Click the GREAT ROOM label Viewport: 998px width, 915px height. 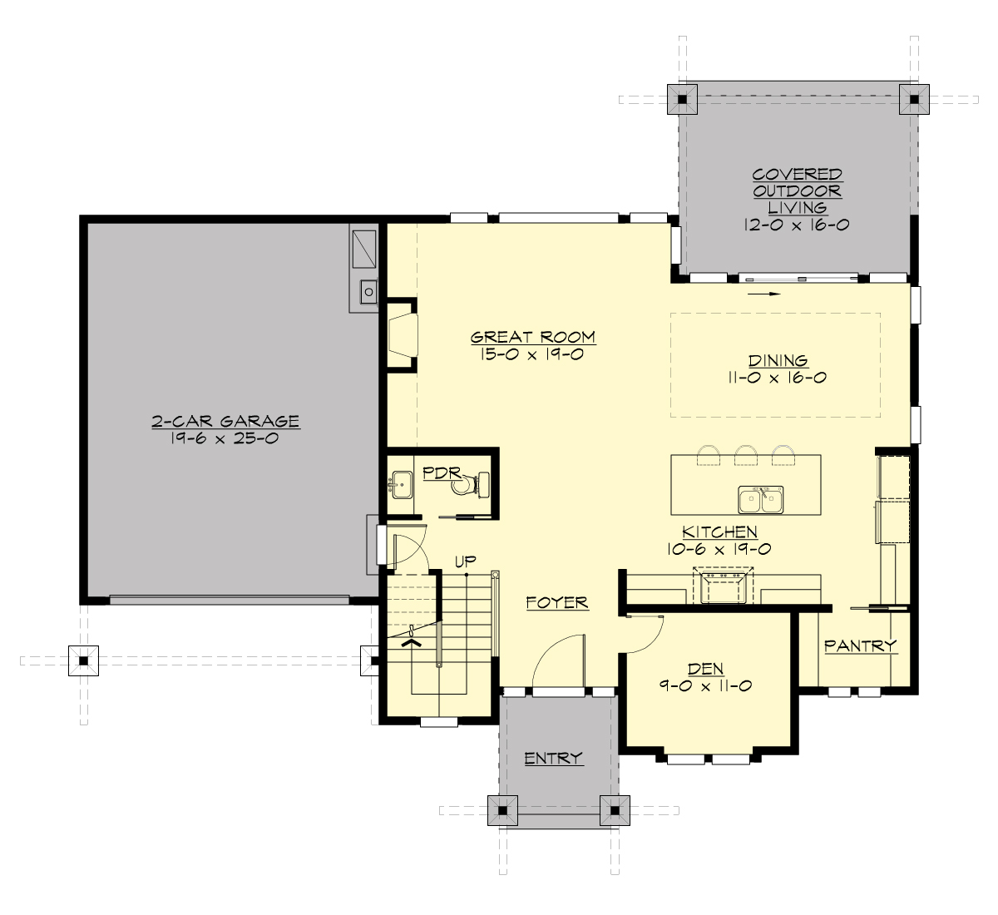coord(533,337)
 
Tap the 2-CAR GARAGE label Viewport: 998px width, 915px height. coord(225,422)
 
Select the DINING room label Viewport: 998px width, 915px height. coord(778,361)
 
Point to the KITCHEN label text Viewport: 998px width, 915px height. coord(719,532)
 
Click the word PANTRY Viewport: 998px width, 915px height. coord(860,645)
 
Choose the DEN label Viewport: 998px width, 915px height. coord(705,669)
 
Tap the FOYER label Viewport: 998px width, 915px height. coord(557,602)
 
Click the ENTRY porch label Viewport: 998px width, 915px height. coord(553,758)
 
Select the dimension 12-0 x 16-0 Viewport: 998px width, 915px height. coord(797,225)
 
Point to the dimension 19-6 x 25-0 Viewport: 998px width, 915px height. coord(225,438)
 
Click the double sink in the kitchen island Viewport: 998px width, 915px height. coord(760,501)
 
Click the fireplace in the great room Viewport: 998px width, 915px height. coord(403,336)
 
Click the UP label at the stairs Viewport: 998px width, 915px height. coord(465,561)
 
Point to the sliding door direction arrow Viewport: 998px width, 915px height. coord(764,294)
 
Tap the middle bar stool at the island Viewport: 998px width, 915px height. coord(746,454)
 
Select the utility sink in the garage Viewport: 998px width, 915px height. coord(368,291)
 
